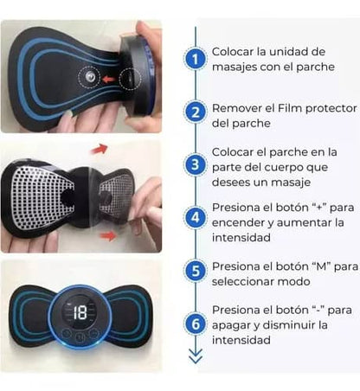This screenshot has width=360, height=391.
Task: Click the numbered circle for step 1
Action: click(x=196, y=60)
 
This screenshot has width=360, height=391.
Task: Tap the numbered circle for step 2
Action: click(x=196, y=112)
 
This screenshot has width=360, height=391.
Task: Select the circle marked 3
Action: click(x=196, y=164)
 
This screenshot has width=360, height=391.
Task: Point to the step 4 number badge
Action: click(x=196, y=217)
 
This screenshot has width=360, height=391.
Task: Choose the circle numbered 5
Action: click(x=196, y=271)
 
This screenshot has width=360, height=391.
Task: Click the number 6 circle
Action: click(x=196, y=324)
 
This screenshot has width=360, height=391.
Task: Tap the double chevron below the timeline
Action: click(x=196, y=355)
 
